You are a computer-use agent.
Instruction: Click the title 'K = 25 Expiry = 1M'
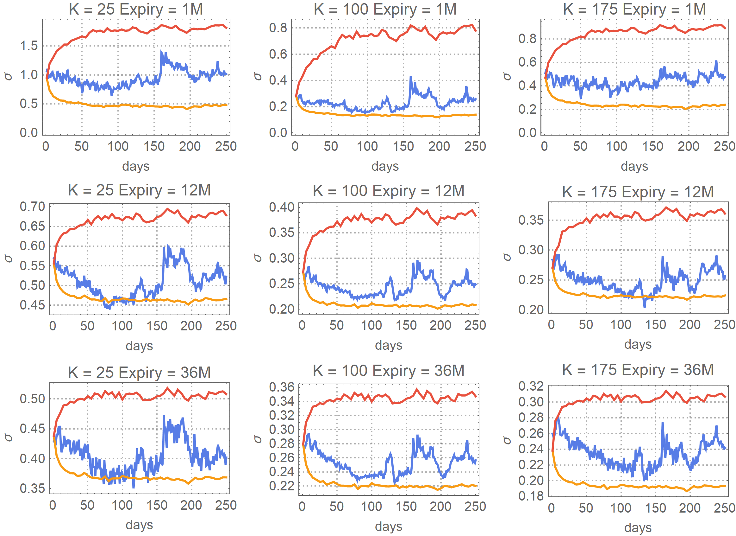(136, 9)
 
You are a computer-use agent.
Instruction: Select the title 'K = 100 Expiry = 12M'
(389, 191)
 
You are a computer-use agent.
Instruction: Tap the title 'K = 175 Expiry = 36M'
(638, 370)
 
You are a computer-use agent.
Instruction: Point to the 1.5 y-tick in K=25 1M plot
(29, 46)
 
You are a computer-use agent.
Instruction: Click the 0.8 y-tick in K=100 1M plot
(278, 28)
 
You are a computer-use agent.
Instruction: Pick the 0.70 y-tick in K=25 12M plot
(32, 207)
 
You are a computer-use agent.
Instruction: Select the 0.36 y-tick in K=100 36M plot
(281, 387)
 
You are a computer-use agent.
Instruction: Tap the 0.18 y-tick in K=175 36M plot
(531, 496)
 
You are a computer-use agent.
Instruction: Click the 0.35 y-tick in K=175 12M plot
(531, 220)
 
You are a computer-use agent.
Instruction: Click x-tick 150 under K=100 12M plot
(406, 325)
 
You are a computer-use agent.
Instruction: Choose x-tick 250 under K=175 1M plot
(724, 146)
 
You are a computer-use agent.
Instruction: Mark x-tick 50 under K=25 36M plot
(87, 505)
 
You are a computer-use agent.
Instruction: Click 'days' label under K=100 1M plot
(385, 166)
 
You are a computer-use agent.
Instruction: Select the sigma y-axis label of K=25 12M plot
(8, 258)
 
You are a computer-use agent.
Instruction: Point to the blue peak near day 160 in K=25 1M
(162, 52)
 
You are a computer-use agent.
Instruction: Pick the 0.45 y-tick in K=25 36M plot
(32, 429)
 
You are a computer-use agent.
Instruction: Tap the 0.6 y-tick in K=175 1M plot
(527, 62)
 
